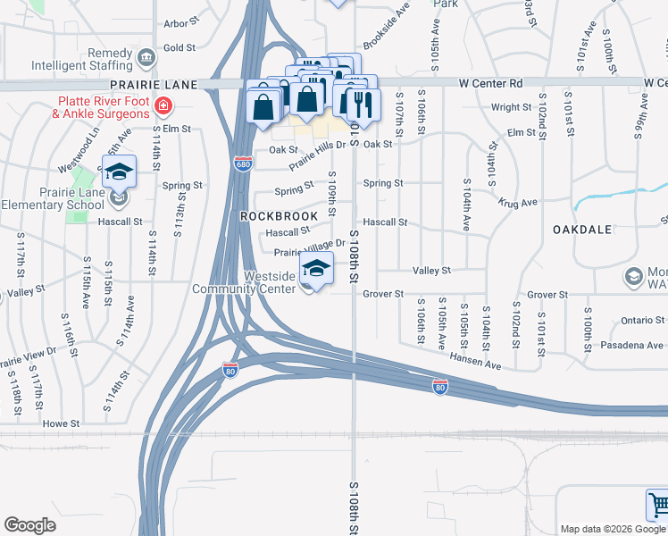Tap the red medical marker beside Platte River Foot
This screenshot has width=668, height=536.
click(x=163, y=107)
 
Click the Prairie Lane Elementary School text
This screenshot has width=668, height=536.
click(x=53, y=198)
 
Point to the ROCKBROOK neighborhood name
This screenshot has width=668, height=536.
click(x=279, y=216)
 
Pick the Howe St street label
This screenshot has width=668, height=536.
click(x=62, y=423)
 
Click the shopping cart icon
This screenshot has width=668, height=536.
click(x=657, y=505)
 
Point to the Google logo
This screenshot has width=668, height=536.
click(x=29, y=525)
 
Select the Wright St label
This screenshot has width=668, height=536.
click(x=512, y=107)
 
